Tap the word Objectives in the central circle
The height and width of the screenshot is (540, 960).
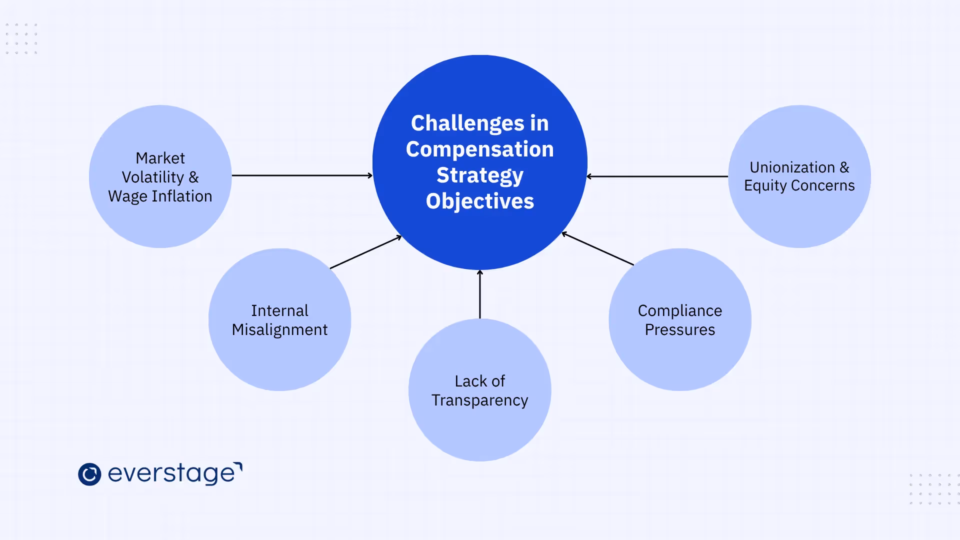pos(480,201)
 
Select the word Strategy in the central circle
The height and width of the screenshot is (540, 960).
pos(480,175)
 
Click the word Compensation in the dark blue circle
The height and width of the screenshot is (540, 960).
pos(480,149)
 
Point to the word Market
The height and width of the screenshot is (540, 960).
pos(160,158)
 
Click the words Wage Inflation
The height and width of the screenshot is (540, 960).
pos(160,196)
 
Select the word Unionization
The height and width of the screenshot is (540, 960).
pos(792,167)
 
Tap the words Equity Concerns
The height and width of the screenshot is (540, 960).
pos(799,185)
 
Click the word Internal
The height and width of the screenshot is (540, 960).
pos(279,311)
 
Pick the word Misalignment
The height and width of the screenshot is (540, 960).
pos(279,330)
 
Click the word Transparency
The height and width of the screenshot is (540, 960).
pos(479,400)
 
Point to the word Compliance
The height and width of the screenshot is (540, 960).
pos(679,311)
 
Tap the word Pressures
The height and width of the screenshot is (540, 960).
pos(679,330)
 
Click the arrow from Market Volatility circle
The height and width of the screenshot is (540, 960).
pos(302,175)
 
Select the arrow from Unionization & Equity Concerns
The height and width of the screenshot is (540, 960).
pos(657,176)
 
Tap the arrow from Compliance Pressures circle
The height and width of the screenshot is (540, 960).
pos(598,248)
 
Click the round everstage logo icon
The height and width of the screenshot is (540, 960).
pos(89,474)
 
